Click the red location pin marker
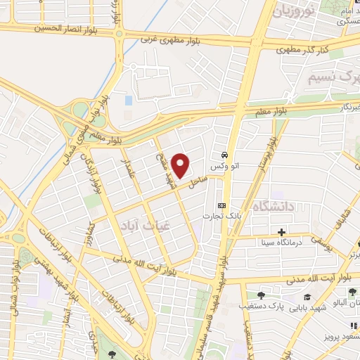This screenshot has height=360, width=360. pyautogui.click(x=181, y=166)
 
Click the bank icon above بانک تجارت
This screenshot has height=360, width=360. pyautogui.click(x=222, y=205)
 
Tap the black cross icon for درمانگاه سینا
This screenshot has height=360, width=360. pyautogui.click(x=282, y=232)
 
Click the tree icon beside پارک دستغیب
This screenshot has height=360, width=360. pyautogui.click(x=261, y=296)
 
